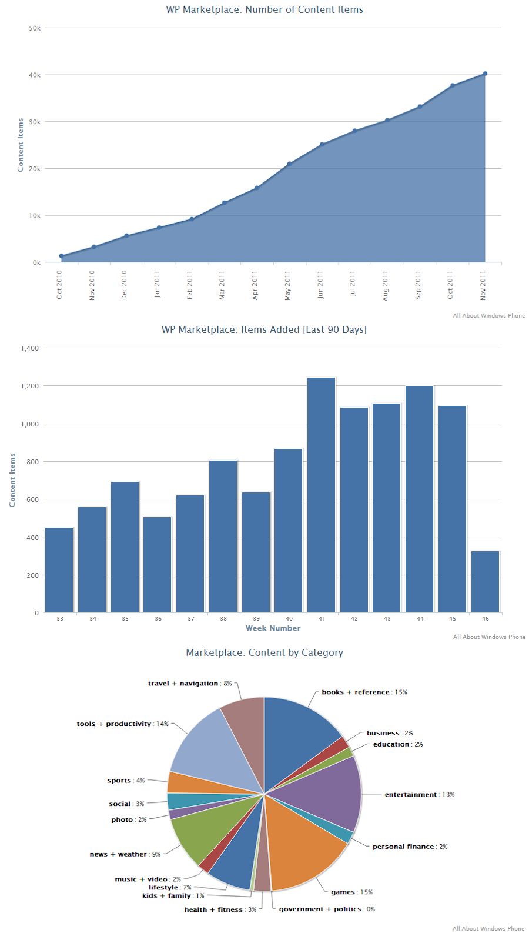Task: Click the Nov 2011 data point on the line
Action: (x=485, y=74)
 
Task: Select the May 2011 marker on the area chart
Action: (x=289, y=164)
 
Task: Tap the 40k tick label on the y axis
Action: (x=35, y=75)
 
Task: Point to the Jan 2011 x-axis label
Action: (x=158, y=285)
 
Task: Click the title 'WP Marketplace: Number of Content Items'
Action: (x=264, y=9)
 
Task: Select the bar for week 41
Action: (x=322, y=494)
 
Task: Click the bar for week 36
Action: (x=158, y=564)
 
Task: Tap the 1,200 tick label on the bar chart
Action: (x=29, y=386)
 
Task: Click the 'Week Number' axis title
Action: (x=273, y=628)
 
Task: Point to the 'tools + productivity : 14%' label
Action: (x=122, y=724)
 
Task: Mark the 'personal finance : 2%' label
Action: (x=410, y=847)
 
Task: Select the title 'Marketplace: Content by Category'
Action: (x=264, y=652)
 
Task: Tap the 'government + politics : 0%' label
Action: (x=327, y=909)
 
